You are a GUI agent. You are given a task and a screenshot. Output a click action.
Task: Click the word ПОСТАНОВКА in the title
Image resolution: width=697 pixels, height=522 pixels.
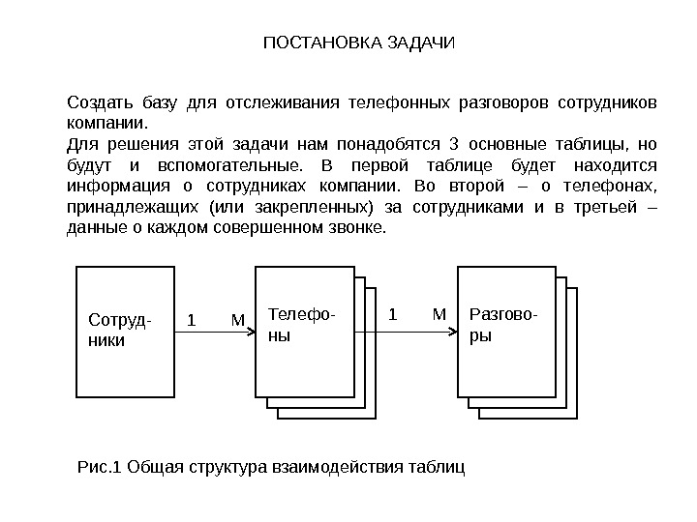[x=312, y=43]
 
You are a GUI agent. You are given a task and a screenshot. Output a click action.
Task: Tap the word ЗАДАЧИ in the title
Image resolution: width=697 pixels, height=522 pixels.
[x=417, y=43]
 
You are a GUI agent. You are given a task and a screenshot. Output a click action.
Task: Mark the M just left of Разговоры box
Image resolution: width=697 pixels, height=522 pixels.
[x=439, y=314]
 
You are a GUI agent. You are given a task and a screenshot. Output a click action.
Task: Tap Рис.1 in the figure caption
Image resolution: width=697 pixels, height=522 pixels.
[x=99, y=469]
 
